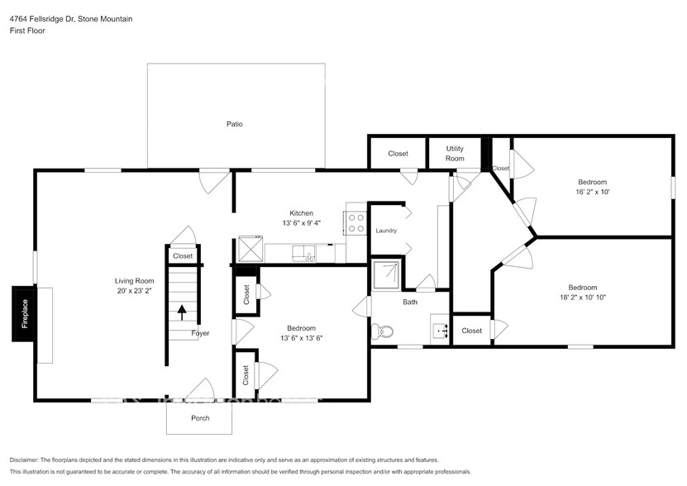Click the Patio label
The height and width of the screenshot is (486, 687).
(235, 124)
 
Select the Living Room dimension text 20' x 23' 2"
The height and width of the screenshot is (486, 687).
(134, 291)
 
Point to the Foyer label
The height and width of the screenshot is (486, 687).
(200, 334)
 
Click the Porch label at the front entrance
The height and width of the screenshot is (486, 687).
(200, 418)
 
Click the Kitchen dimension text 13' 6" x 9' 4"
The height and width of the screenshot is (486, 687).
(301, 222)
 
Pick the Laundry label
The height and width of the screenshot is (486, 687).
(387, 231)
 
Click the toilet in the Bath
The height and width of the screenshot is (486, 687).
(384, 333)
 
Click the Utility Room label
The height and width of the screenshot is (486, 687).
(455, 154)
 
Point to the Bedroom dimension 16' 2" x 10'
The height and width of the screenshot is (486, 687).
(593, 192)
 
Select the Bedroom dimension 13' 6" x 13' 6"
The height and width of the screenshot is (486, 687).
(301, 337)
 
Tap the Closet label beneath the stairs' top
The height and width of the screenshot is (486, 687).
(183, 256)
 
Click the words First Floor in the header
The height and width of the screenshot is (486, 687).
(27, 31)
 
